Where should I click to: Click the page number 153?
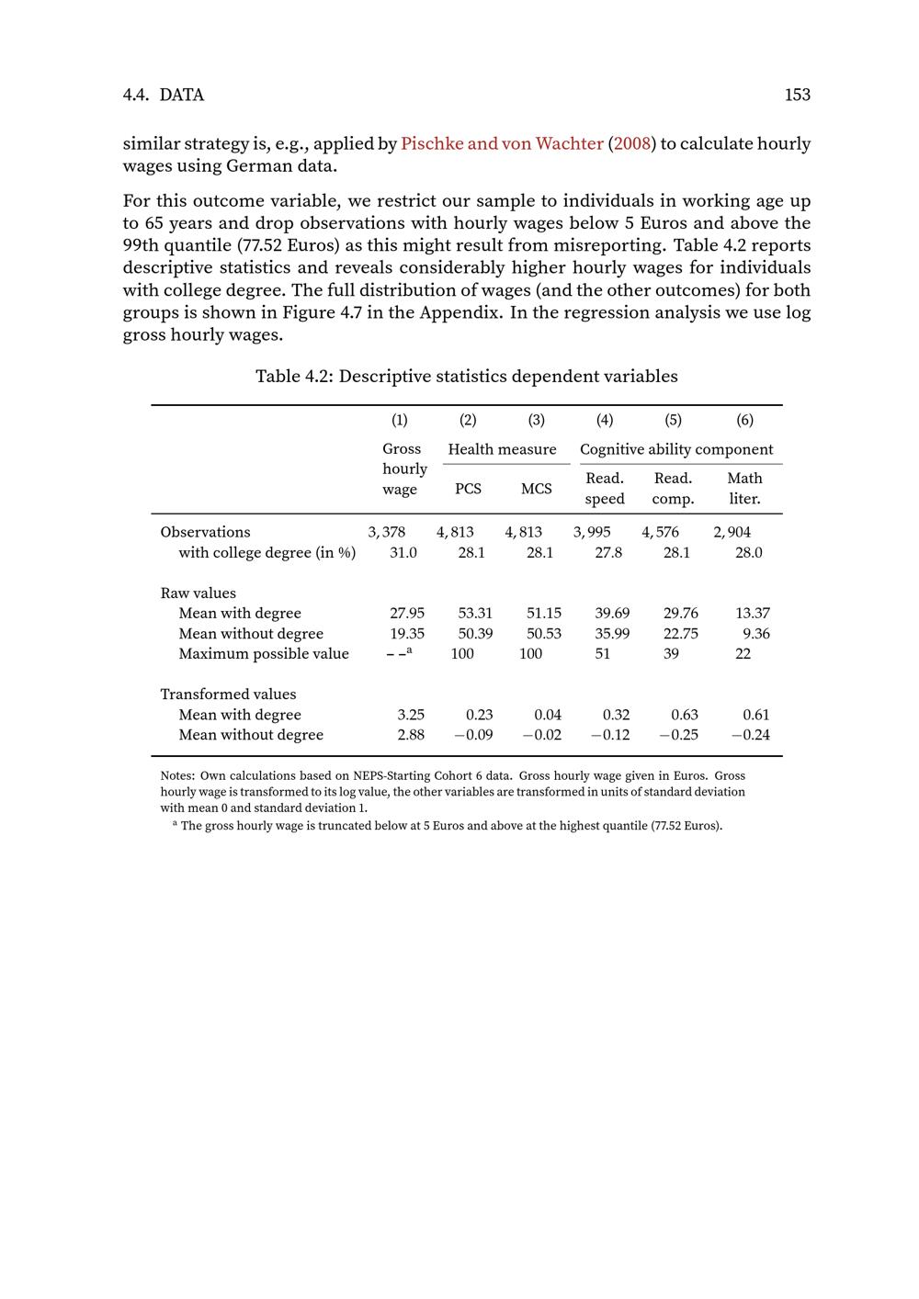point(797,95)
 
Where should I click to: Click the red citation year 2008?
point(632,143)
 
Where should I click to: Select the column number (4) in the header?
point(605,420)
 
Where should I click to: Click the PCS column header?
point(468,489)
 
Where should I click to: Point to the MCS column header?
point(537,489)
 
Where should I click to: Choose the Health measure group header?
point(502,449)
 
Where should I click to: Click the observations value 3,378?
point(387,532)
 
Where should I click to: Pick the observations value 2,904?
point(732,532)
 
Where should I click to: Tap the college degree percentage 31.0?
point(403,552)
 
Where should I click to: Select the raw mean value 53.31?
point(475,613)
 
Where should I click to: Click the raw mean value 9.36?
point(756,633)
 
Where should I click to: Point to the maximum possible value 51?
point(602,653)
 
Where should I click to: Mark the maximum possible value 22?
point(743,653)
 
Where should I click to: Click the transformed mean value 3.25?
point(411,715)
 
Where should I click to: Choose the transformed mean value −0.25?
point(678,735)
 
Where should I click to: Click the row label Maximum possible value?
point(264,653)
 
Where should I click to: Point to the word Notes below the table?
point(177,776)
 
